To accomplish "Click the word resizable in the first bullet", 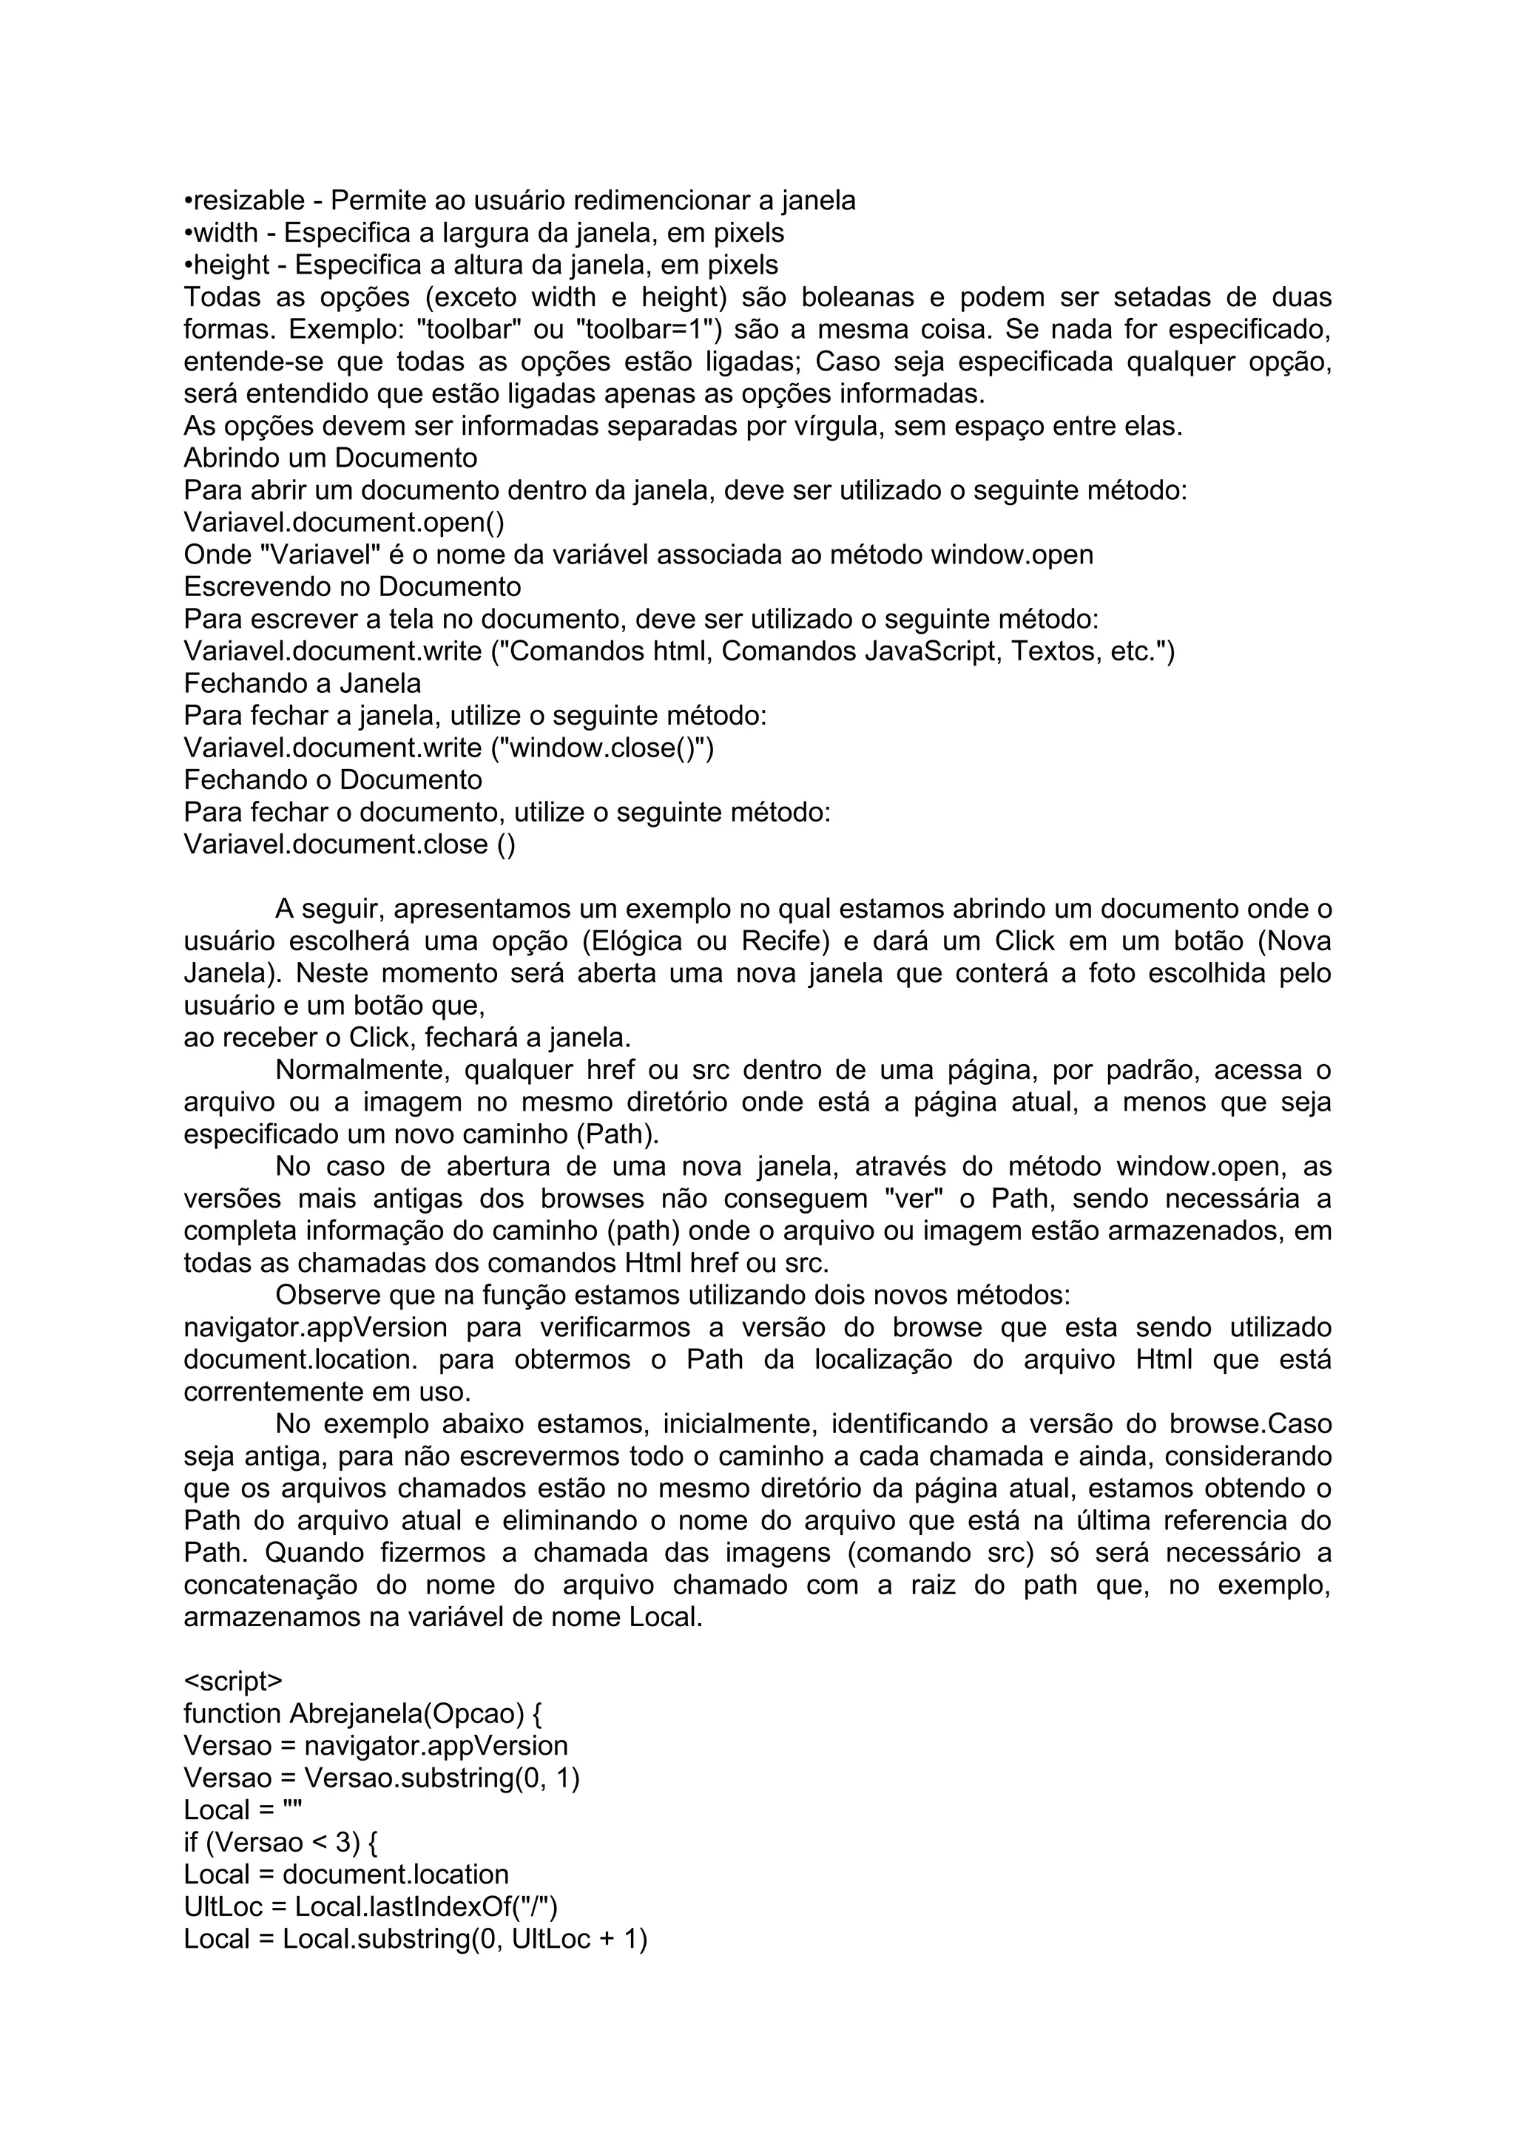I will pyautogui.click(x=249, y=200).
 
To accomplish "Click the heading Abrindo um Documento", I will pyautogui.click(x=331, y=458).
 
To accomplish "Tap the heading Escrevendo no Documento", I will pyautogui.click(x=352, y=587).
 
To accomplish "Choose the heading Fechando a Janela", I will pyautogui.click(x=303, y=683).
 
